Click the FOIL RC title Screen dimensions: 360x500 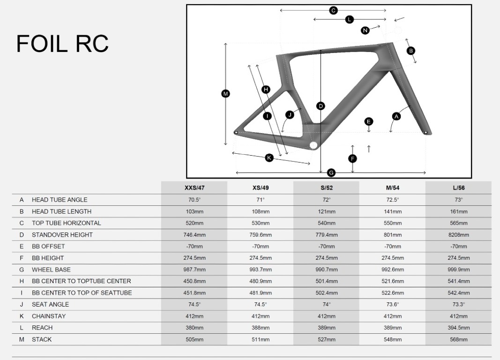pos(62,44)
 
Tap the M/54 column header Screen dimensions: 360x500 pos(393,188)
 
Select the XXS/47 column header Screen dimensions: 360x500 pos(194,188)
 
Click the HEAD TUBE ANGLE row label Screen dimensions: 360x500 pos(60,200)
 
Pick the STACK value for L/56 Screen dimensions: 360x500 pos(458,339)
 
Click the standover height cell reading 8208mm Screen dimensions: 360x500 pos(458,235)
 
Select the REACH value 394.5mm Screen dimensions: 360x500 pos(458,328)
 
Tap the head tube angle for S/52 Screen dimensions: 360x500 pos(327,200)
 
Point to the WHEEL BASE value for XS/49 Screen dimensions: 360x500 pos(261,270)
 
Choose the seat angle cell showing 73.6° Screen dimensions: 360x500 pos(393,304)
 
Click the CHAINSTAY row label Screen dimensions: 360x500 pos(49,316)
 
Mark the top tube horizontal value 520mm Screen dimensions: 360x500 pos(194,223)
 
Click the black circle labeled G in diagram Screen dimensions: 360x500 pos(331,173)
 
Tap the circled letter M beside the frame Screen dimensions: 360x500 pos(225,94)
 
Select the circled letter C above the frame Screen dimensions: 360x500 pos(333,10)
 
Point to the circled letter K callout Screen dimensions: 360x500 pos(269,157)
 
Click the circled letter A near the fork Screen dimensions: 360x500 pos(396,116)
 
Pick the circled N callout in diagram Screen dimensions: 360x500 pos(365,30)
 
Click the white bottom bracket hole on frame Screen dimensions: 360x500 pos(313,145)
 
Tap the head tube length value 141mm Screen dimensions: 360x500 pos(393,211)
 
